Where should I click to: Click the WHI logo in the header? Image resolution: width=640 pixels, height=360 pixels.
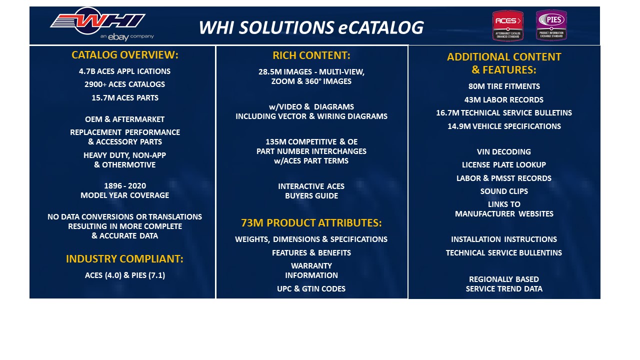98,21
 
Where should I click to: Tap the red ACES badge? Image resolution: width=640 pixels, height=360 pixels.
507,25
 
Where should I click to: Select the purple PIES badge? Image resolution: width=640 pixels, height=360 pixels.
551,25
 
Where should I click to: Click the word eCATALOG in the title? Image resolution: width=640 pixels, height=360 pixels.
381,27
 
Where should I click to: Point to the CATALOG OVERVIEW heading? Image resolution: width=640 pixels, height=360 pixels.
125,55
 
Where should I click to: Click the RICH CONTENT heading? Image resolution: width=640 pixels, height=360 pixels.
311,55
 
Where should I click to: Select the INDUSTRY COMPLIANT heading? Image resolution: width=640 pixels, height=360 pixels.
124,259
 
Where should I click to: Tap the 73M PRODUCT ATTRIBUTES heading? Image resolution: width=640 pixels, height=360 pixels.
311,223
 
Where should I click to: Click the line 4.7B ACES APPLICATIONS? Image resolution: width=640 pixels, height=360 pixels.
124,71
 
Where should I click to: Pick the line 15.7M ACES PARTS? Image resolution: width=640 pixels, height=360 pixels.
125,97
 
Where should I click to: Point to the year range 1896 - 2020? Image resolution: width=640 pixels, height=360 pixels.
125,185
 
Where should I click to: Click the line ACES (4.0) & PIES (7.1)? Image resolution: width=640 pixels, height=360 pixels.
125,275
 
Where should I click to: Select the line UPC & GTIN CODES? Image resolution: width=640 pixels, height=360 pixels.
311,288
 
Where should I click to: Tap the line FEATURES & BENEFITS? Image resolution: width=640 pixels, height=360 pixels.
311,252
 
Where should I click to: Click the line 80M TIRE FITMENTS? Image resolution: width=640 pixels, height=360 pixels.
504,86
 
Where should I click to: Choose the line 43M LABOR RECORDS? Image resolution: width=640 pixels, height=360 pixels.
504,99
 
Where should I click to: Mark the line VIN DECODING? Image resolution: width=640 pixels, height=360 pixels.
503,151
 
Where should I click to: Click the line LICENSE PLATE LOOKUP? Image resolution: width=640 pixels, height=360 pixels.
504,164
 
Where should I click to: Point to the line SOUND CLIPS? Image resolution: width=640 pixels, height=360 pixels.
504,191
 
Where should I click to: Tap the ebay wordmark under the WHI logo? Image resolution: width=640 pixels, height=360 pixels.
118,37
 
